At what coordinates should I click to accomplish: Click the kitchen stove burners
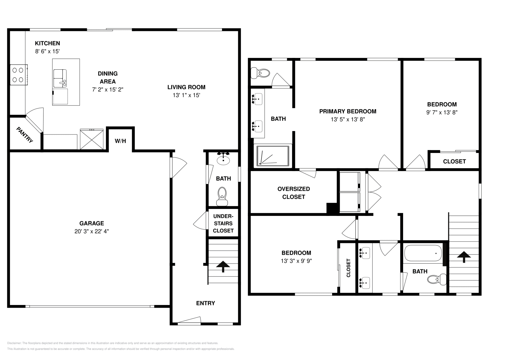tap(18, 74)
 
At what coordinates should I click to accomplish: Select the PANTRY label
tap(25, 135)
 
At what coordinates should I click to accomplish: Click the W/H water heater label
tap(120, 141)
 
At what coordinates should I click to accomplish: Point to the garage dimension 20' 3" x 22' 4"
tap(92, 232)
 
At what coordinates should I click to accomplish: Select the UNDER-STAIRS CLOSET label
tap(223, 223)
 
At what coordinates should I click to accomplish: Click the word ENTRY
tap(205, 303)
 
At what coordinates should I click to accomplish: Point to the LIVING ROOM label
tap(186, 87)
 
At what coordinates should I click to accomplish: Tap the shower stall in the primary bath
tap(273, 156)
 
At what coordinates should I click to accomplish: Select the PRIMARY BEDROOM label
tap(348, 111)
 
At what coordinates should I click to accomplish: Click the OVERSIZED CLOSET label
tap(293, 193)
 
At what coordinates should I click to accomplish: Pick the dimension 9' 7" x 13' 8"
tap(442, 112)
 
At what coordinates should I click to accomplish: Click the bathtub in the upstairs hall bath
tap(423, 253)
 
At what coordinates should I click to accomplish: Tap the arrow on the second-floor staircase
tap(464, 256)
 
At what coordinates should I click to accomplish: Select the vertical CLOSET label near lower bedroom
tap(348, 268)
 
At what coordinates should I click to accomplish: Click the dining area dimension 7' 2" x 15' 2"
tap(108, 90)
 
